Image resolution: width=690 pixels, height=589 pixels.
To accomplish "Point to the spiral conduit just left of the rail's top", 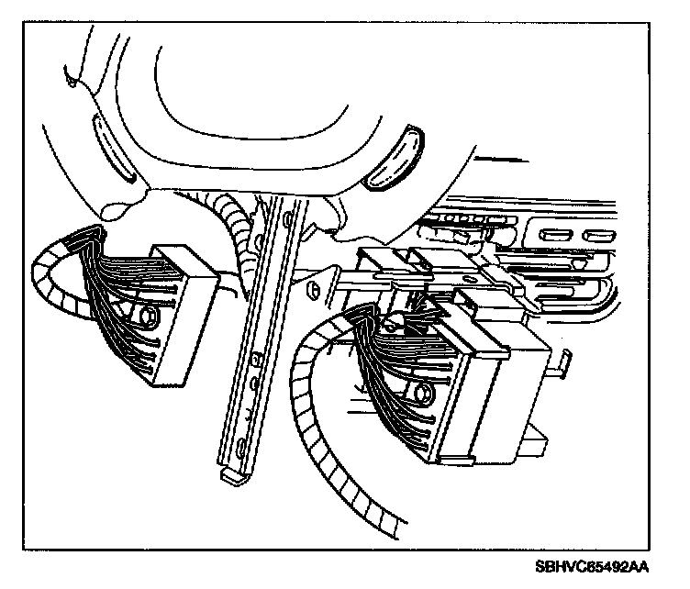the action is coord(237,229).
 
